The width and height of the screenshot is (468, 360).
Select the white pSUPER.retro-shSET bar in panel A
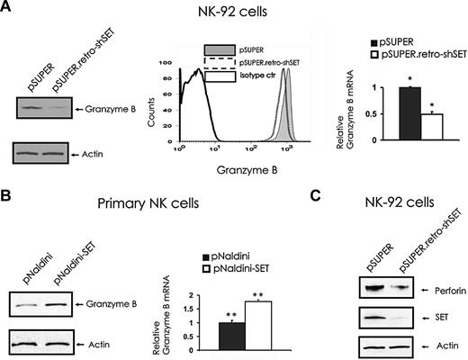pos(433,127)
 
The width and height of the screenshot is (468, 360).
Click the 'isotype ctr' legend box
pos(222,78)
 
